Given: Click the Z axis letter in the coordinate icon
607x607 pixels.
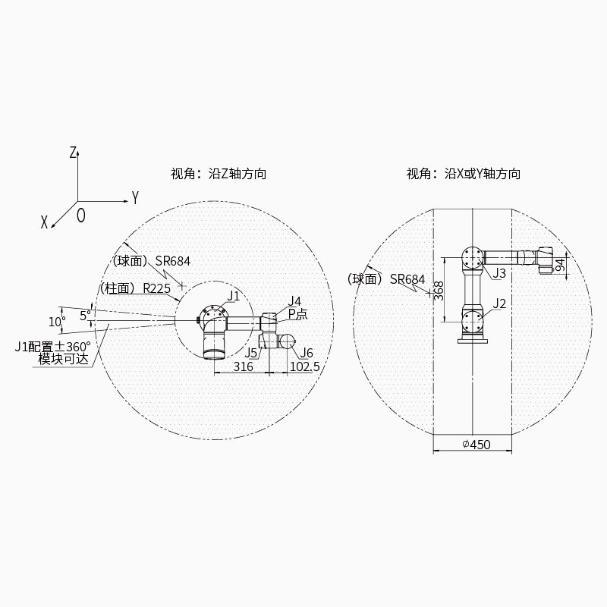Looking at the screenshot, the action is [x=73, y=153].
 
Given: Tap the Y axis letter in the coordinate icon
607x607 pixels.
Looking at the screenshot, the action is [x=135, y=197].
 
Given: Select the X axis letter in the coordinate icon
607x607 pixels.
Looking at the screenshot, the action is [x=45, y=222].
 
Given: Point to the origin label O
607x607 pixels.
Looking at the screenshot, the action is [x=81, y=215].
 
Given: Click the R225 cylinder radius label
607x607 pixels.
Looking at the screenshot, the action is [x=157, y=288].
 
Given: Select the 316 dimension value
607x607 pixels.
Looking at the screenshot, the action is [x=243, y=366].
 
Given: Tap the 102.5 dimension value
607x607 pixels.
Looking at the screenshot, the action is [x=305, y=366].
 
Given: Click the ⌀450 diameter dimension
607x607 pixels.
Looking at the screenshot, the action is [x=476, y=445].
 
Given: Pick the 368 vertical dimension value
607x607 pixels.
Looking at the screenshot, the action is [x=439, y=291].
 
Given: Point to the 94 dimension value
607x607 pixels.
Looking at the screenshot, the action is [x=560, y=265].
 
